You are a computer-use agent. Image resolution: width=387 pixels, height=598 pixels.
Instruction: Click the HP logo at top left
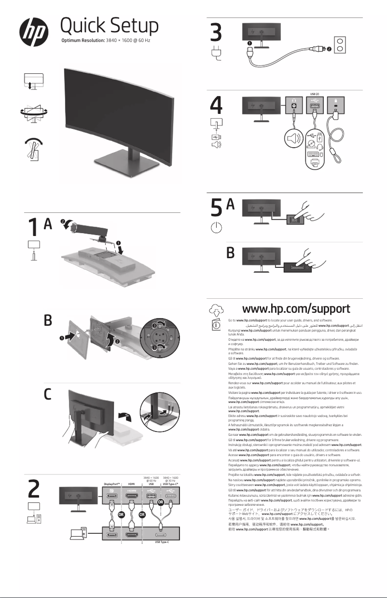click(34, 30)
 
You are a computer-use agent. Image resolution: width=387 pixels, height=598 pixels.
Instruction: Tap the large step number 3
click(217, 33)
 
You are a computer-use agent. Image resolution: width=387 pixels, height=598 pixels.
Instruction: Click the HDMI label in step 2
click(131, 483)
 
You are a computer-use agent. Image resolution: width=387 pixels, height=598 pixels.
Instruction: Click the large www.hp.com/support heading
click(296, 307)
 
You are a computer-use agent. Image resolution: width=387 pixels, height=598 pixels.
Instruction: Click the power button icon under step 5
click(217, 229)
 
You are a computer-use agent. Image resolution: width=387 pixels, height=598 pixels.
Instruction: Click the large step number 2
click(34, 490)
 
